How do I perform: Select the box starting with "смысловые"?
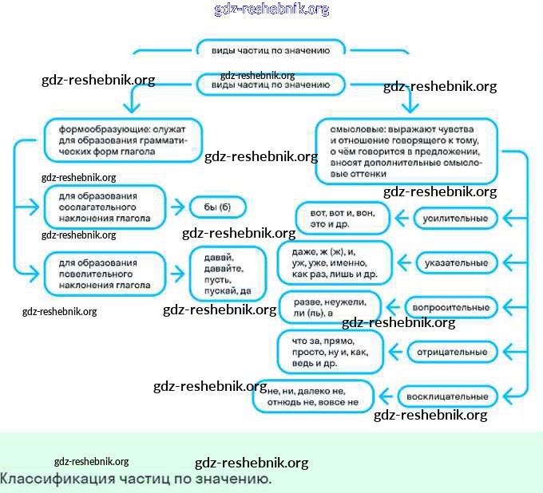coord(406,151)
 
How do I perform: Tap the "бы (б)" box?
coord(216,208)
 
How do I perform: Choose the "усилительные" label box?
coord(456,217)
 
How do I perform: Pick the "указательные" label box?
coord(456,262)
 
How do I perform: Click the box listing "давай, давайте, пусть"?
coord(226,274)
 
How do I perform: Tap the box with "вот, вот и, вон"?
coord(339,218)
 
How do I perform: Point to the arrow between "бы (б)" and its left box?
coord(177,208)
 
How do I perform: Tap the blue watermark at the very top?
coord(271,10)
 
